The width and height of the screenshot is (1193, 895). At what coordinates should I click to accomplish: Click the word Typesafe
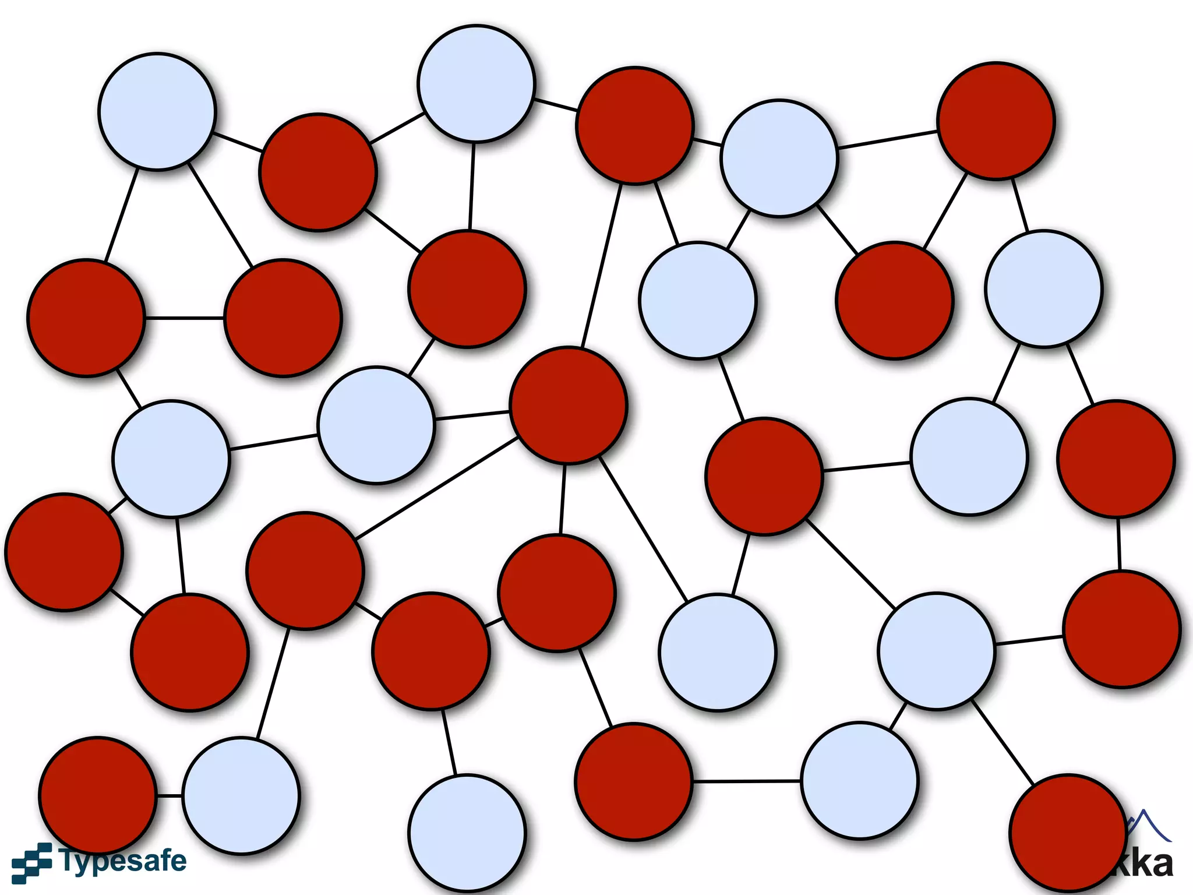[x=122, y=861]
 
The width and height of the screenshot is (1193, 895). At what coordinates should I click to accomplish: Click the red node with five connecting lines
[x=569, y=406]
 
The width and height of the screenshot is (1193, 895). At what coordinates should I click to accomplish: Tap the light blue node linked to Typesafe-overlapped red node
[x=241, y=796]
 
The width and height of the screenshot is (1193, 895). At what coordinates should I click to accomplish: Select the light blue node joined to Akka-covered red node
[x=937, y=651]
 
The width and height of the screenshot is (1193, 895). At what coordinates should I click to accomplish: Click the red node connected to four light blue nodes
[x=764, y=477]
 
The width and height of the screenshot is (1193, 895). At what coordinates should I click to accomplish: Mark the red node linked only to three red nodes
[x=557, y=593]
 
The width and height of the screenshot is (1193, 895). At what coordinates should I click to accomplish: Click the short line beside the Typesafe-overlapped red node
[x=170, y=795]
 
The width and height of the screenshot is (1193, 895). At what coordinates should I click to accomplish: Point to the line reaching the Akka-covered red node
[x=1003, y=743]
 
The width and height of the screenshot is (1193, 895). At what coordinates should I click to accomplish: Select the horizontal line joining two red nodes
[x=184, y=318]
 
